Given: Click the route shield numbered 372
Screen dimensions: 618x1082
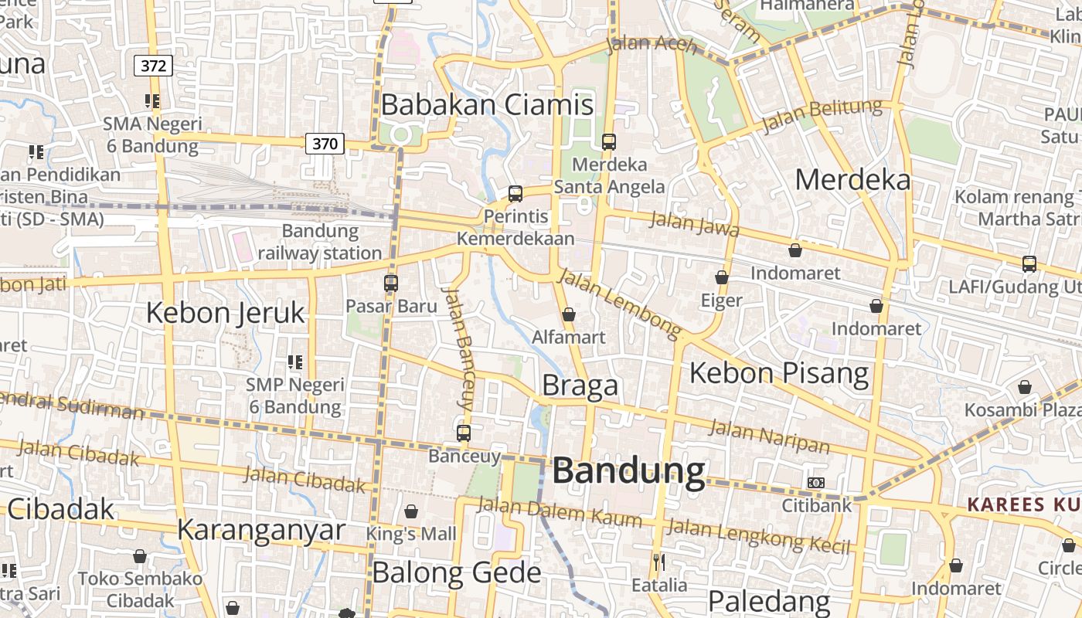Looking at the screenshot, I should (x=153, y=66).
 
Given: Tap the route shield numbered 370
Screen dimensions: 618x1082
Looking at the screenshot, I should (x=325, y=143).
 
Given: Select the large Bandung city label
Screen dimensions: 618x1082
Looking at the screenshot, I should (x=629, y=471).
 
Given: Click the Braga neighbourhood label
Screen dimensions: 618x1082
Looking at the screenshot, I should (x=580, y=385).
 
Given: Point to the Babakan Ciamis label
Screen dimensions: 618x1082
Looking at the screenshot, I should (x=488, y=104).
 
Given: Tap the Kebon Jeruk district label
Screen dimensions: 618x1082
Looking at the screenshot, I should (x=226, y=313).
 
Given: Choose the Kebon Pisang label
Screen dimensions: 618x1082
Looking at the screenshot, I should (x=779, y=373).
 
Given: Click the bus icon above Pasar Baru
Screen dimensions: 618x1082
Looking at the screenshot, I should (x=391, y=284).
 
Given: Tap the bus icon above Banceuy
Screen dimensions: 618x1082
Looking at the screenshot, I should (x=464, y=433).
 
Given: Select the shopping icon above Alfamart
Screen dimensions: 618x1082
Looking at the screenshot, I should (x=569, y=314).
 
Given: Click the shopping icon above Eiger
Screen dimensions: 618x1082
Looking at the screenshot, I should (x=722, y=277).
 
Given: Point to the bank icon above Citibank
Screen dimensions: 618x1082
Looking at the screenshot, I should (x=816, y=483).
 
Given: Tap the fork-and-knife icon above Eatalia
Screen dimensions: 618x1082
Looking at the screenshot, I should (x=659, y=562).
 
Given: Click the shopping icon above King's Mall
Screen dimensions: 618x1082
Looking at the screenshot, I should (x=411, y=511).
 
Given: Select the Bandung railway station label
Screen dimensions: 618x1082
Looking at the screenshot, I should (x=320, y=242).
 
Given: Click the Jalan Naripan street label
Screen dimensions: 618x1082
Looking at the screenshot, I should (x=770, y=436).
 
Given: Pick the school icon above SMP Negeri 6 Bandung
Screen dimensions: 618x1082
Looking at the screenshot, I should (x=294, y=362).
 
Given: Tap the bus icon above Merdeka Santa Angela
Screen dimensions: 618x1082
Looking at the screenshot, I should (x=609, y=141).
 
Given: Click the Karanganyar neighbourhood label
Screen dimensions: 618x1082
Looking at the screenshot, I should (x=261, y=530).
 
